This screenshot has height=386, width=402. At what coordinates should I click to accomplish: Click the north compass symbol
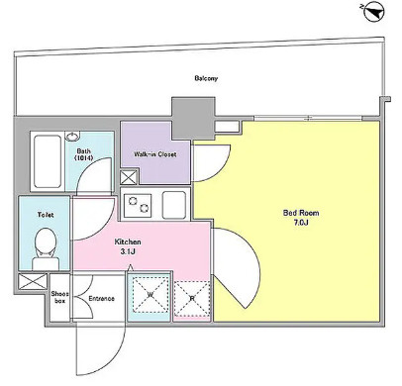375,12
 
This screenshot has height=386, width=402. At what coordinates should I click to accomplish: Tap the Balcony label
206,78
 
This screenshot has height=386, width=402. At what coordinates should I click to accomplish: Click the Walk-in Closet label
155,154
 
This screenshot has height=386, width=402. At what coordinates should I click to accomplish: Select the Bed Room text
301,213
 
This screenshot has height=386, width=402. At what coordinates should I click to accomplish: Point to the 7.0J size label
300,223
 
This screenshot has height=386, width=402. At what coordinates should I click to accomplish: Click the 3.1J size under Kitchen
128,251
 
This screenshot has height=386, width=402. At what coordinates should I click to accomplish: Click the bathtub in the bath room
48,161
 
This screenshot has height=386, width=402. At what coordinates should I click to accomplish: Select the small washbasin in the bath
72,136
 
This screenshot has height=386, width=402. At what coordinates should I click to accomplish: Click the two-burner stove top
138,205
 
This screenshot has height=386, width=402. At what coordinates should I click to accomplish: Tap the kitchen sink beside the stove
174,205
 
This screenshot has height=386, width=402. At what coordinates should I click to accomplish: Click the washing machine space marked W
151,295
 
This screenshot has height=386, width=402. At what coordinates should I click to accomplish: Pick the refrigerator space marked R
192,298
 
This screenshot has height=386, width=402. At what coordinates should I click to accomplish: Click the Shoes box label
59,297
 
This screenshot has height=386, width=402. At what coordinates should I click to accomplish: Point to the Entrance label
101,299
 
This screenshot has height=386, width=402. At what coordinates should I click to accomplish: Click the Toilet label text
46,215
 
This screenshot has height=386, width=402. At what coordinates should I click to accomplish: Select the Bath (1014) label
85,154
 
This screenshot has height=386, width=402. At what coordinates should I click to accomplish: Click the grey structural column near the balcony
193,118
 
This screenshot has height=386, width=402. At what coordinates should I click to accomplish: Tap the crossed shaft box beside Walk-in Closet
129,177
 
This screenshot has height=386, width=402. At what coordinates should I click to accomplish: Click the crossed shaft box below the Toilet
32,282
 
